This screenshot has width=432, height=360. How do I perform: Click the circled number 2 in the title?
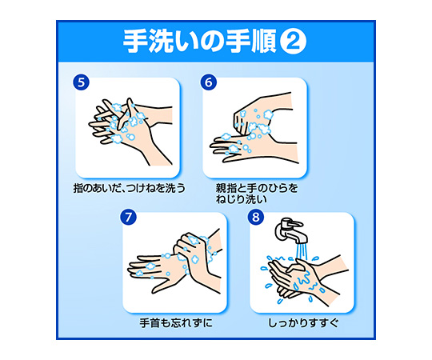pyautogui.click(x=293, y=42)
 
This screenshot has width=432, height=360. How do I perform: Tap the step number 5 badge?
pyautogui.click(x=81, y=82)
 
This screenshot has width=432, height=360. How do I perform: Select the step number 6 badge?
pyautogui.click(x=209, y=82)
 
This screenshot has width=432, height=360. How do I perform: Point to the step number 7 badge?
pyautogui.click(x=128, y=217)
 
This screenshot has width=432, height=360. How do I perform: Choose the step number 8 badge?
pyautogui.click(x=256, y=217)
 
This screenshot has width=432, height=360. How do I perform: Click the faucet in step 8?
pyautogui.click(x=290, y=230)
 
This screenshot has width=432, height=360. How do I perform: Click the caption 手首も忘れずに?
pyautogui.click(x=176, y=323)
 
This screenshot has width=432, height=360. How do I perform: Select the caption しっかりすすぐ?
pyautogui.click(x=303, y=323)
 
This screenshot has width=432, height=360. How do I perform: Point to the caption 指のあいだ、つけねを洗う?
pyautogui.click(x=130, y=188)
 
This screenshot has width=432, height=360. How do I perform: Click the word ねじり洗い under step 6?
pyautogui.click(x=242, y=199)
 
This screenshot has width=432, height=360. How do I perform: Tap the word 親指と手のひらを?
pyautogui.click(x=257, y=188)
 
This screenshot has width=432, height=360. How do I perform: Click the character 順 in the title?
pyautogui.click(x=263, y=42)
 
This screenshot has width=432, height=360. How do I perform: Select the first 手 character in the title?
pyautogui.click(x=135, y=42)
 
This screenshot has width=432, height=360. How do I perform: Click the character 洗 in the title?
pyautogui.click(x=161, y=42)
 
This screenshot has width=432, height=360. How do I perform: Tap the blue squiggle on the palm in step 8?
pyautogui.click(x=304, y=278)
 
